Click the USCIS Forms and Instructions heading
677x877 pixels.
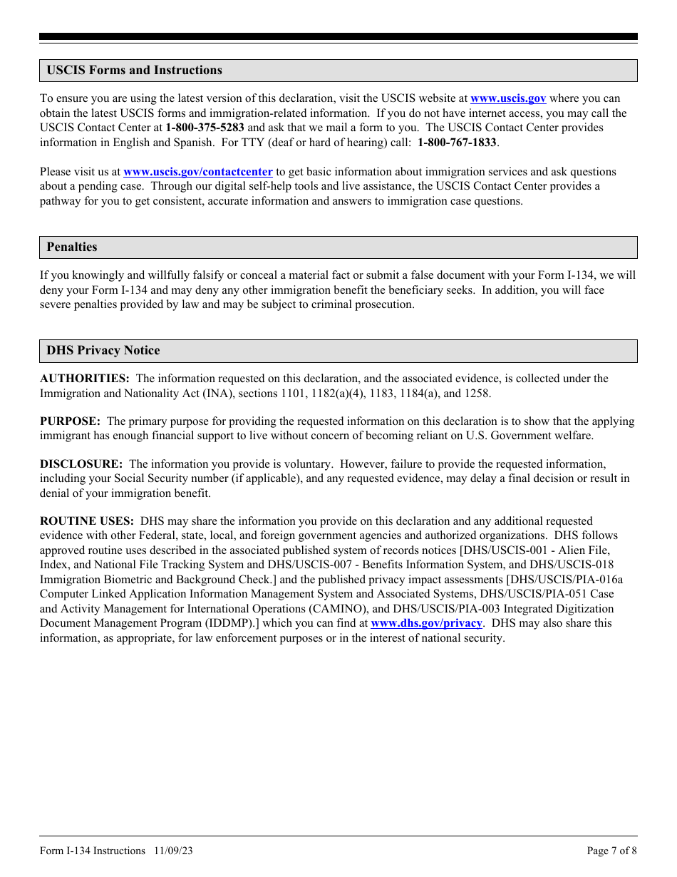click(x=134, y=70)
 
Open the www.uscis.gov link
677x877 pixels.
click(x=508, y=98)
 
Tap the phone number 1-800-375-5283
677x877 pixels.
click(x=205, y=128)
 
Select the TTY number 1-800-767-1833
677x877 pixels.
click(x=457, y=143)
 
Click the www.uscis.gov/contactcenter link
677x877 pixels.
click(x=198, y=172)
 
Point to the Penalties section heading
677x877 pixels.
click(x=72, y=247)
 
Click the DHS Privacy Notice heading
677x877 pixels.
click(x=103, y=350)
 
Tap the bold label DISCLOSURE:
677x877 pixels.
click(x=81, y=464)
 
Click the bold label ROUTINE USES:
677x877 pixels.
click(x=87, y=521)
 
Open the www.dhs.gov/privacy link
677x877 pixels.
click(x=426, y=623)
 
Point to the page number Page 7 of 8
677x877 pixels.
click(x=611, y=851)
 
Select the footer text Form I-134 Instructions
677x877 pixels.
click(x=93, y=851)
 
